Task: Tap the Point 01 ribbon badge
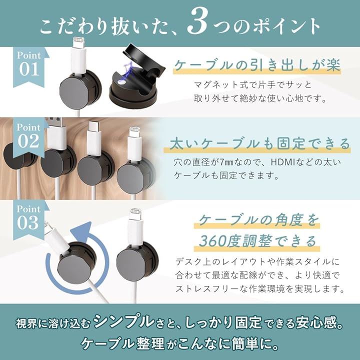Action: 29,66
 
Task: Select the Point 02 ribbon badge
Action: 29,137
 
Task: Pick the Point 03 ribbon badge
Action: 29,220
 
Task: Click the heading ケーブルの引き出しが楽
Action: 257,65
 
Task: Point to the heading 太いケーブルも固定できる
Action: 259,144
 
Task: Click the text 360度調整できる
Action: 257,241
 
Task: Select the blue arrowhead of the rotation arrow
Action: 82,232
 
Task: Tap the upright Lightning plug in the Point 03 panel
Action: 135,227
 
